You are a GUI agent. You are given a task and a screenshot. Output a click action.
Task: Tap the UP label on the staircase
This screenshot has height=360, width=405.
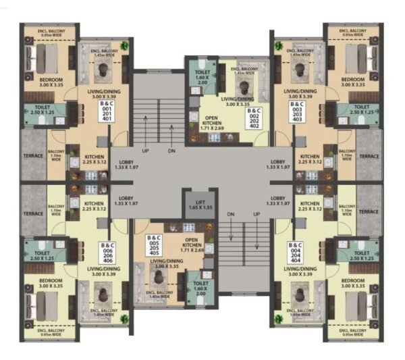(x=145, y=151)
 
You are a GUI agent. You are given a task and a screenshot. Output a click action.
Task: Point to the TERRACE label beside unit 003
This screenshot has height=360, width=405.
(x=369, y=156)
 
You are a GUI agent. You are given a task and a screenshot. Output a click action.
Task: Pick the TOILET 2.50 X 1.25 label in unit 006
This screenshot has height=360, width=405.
(x=42, y=255)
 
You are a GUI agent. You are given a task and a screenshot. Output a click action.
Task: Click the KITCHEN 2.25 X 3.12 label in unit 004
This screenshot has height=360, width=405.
(x=309, y=205)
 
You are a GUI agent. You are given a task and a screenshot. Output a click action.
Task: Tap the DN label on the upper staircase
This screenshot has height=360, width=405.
(x=171, y=151)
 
